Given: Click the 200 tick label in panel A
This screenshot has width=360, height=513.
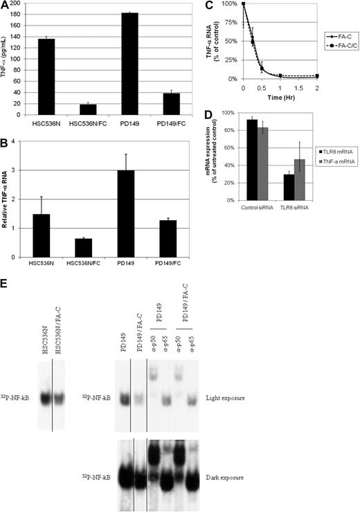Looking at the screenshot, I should click(31, 3).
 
